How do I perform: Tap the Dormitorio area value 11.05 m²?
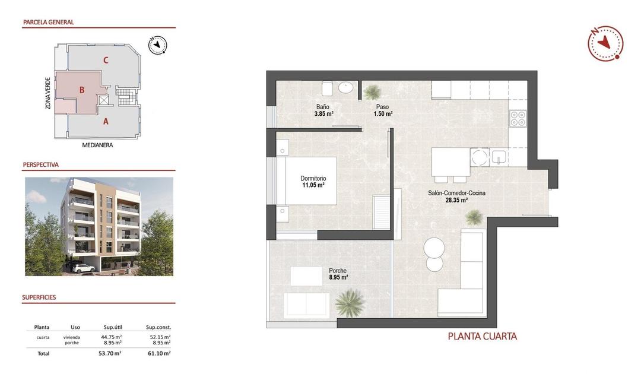pos(313,185)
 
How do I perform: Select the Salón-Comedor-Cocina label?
pos(456,193)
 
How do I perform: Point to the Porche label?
pos(338,270)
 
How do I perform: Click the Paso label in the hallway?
pos(382,107)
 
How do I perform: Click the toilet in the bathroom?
pos(327,89)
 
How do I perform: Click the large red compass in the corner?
pos(605,43)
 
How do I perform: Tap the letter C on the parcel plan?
pos(105,59)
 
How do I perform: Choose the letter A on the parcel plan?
pos(106,121)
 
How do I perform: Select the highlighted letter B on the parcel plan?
pos(82,90)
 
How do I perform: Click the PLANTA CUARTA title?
pos(482,337)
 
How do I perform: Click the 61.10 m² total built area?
pos(158,353)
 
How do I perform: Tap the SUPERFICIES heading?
pos(39,297)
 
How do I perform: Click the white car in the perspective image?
pos(83,268)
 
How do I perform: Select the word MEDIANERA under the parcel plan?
pos(97,145)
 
